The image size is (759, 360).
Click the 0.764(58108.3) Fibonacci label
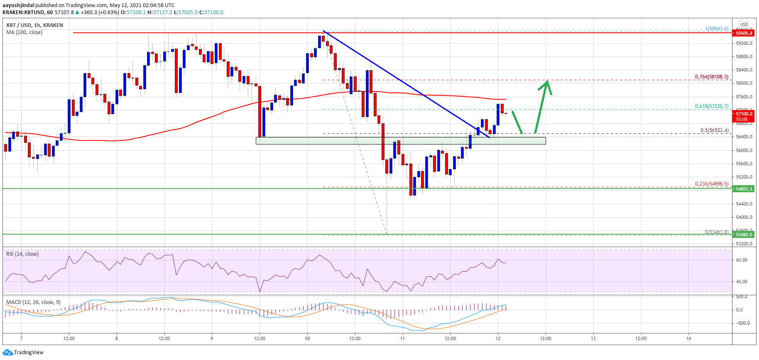click(711, 77)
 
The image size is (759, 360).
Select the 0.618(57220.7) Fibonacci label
click(711, 106)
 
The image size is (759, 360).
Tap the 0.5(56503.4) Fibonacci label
click(714, 130)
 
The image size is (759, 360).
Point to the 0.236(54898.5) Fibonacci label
click(711, 184)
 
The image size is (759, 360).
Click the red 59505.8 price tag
click(744, 33)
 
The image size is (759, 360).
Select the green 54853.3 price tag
click(744, 189)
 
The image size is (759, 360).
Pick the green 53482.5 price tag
click(744, 235)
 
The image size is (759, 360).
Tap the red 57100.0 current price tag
click(744, 114)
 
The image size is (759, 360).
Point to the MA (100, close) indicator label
click(24, 32)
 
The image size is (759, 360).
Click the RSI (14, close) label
click(22, 254)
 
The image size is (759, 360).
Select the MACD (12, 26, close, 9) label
click(33, 302)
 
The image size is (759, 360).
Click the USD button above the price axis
click(744, 24)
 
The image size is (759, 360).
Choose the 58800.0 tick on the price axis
click(744, 57)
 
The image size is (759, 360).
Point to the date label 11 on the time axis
click(402, 338)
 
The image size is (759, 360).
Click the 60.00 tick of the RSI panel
click(742, 260)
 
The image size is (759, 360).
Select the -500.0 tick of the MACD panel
click(742, 323)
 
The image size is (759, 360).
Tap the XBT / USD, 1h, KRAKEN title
click(34, 25)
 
